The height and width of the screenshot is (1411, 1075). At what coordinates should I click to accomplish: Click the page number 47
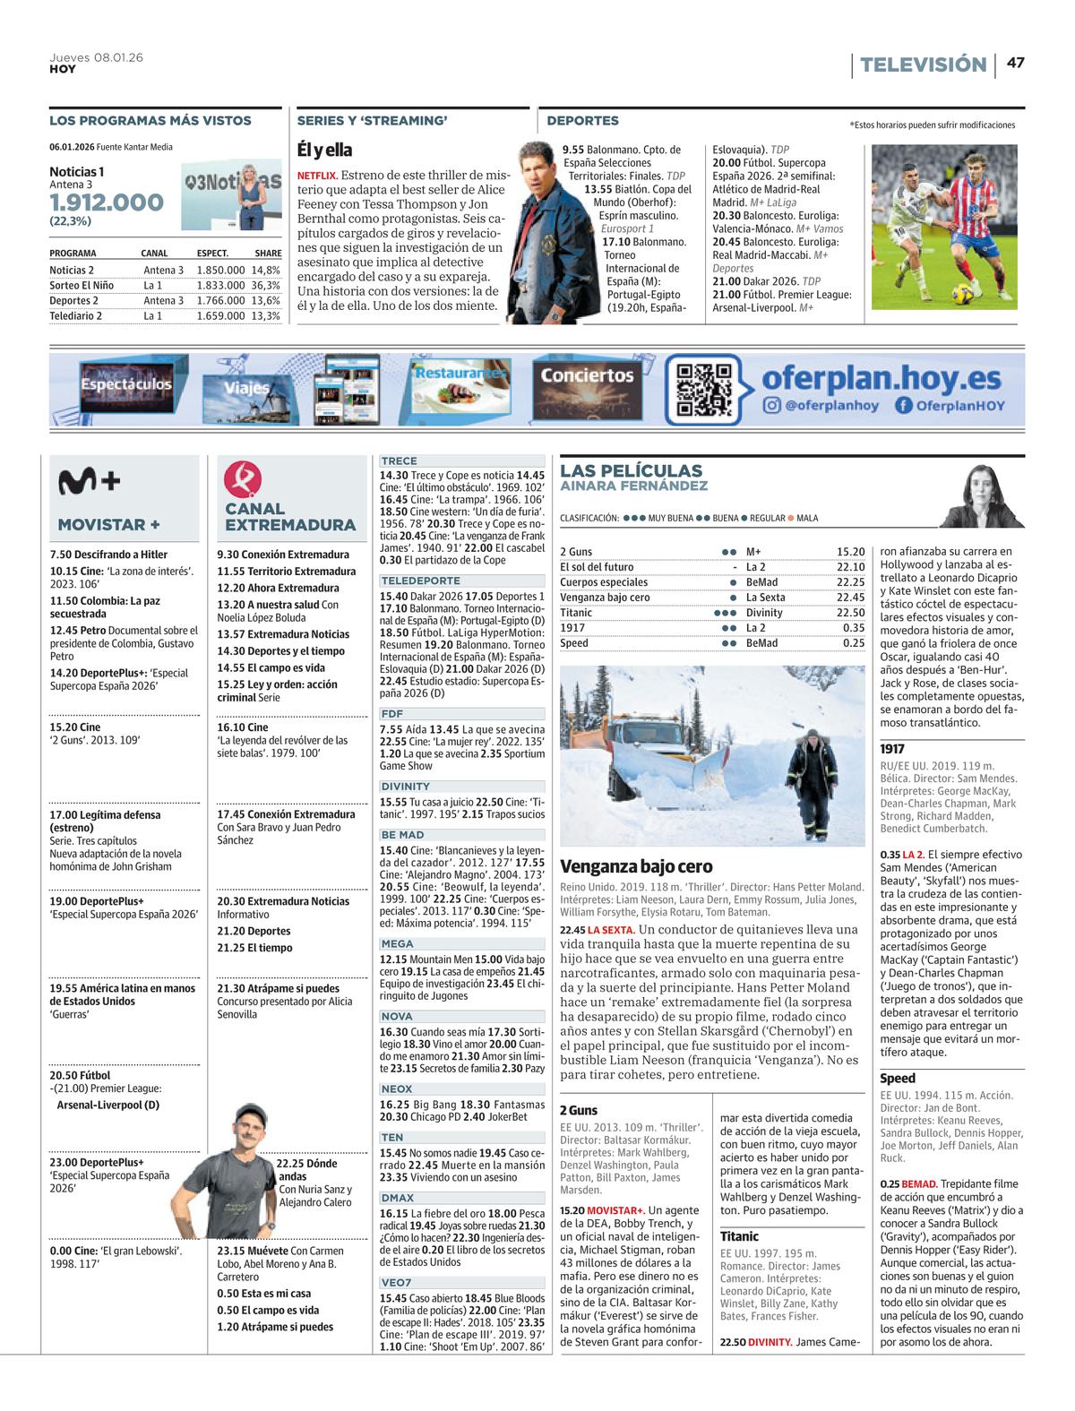(1015, 64)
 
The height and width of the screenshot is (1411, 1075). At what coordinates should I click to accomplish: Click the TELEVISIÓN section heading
(922, 65)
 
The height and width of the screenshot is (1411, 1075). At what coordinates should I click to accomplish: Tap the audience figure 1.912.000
(107, 202)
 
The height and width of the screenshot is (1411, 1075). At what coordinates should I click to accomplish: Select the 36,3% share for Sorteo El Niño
(265, 285)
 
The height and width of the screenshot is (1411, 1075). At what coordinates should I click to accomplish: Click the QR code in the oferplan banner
(703, 391)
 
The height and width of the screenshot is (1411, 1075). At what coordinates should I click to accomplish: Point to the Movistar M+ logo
(89, 482)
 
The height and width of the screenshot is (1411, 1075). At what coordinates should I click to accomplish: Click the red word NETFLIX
(316, 176)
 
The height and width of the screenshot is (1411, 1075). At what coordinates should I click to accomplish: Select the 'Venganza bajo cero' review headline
(636, 866)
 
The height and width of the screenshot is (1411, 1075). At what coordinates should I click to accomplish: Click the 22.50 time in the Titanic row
(852, 613)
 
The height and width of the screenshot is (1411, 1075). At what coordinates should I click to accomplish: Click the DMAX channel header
(397, 1197)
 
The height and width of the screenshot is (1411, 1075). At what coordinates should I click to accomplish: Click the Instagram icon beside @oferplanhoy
(771, 406)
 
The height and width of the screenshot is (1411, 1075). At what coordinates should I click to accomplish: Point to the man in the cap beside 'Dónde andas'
(242, 1174)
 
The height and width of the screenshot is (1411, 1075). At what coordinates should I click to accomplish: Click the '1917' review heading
(892, 748)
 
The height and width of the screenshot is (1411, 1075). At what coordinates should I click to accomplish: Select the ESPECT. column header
(212, 254)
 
